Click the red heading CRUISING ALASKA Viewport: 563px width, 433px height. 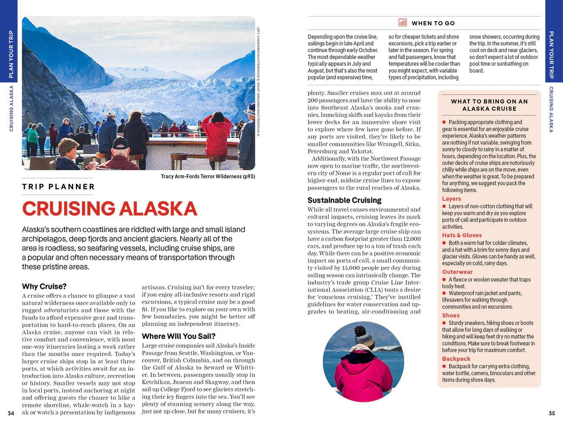[x=110, y=209]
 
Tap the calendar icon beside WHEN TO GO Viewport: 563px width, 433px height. [x=402, y=23]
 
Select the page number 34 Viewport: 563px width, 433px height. [x=11, y=413]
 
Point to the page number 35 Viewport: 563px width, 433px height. [x=552, y=413]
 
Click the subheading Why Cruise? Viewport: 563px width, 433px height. [x=44, y=286]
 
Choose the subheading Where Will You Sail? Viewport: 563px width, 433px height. [x=178, y=336]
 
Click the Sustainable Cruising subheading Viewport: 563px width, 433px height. [x=344, y=200]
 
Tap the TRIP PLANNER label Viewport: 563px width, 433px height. [x=58, y=187]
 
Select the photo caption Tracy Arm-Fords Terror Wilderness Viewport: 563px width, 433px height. [x=207, y=176]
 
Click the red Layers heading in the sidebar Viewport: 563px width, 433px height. [x=451, y=199]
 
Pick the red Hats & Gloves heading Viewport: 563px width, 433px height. [x=462, y=235]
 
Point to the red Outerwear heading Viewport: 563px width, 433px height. [x=457, y=272]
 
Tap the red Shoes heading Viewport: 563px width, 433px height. [x=451, y=315]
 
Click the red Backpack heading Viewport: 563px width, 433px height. [x=456, y=359]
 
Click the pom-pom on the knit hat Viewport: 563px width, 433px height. [x=360, y=332]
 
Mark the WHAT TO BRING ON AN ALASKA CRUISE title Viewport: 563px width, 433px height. [x=489, y=105]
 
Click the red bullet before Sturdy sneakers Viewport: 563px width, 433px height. [x=444, y=323]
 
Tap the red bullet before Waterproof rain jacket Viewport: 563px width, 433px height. [x=444, y=293]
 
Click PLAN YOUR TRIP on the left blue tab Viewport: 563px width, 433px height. [x=11, y=54]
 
